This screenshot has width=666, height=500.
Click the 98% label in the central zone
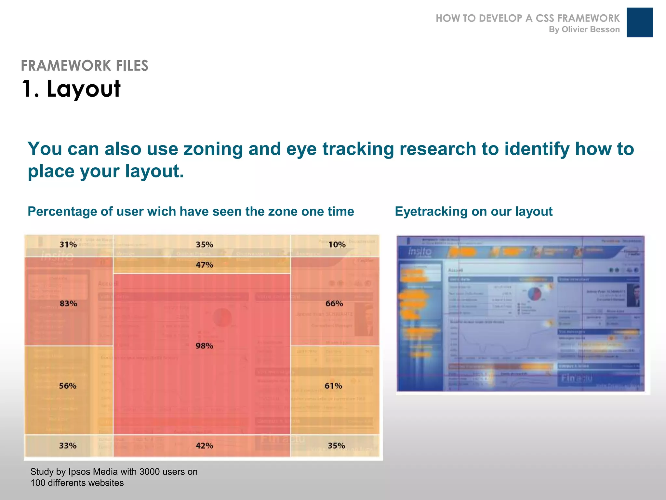204,346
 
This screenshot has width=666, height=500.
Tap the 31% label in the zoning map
68,244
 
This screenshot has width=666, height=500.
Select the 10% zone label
337,244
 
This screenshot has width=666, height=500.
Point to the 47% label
204,265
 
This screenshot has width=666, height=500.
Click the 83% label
68,303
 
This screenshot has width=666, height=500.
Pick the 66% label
334,303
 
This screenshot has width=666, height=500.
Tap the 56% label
68,386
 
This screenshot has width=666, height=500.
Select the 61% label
333,386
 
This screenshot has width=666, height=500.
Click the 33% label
68,446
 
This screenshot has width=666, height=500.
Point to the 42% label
204,446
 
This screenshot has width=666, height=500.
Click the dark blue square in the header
639,22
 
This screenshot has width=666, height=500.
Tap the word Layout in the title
84,89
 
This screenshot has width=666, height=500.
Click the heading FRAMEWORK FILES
85,65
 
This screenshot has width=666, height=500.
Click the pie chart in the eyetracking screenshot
534,294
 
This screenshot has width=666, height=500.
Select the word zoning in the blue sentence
213,149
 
